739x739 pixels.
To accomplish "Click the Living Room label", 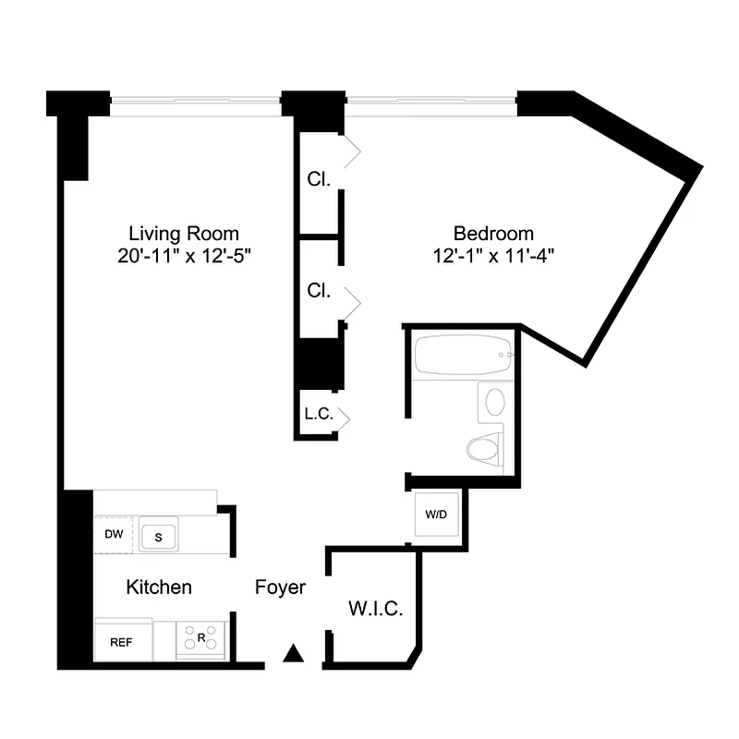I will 183,234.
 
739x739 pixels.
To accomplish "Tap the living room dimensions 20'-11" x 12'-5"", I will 184,256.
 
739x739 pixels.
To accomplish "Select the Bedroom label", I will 493,234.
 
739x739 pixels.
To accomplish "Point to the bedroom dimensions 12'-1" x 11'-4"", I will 493,256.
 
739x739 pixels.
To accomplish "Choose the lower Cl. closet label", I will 319,290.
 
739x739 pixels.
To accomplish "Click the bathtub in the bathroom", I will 462,356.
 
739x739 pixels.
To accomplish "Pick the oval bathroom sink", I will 496,402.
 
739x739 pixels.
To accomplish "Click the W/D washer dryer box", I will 436,514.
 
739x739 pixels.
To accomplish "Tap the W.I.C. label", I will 374,609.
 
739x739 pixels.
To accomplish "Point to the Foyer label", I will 280,588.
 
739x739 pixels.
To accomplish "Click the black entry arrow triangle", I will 294,654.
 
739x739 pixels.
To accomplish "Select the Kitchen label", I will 159,588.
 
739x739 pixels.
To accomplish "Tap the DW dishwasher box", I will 114,535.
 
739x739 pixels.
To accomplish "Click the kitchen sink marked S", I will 158,535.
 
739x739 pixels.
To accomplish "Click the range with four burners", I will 201,637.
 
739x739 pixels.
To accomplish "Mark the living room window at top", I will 195,103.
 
